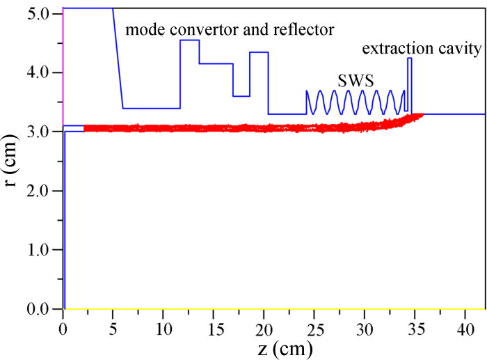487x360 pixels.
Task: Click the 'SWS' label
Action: click(353, 80)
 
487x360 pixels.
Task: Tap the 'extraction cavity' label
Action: click(422, 49)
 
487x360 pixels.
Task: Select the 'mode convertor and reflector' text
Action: click(230, 29)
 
